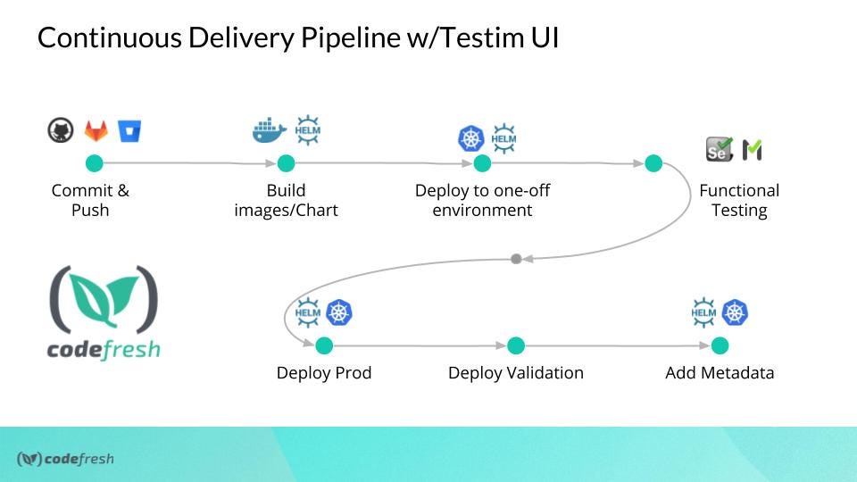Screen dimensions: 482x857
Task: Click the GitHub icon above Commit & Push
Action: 60,131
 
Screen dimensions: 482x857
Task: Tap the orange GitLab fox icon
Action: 96,131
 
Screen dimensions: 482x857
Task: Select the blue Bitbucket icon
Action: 130,131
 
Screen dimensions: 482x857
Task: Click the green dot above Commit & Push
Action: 95,163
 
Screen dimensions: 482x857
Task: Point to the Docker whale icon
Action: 270,131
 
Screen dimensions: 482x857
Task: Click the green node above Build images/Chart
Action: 286,163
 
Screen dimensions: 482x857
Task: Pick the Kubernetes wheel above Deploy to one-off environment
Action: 470,138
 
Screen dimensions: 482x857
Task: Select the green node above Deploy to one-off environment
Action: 482,163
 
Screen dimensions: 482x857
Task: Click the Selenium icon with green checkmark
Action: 719,149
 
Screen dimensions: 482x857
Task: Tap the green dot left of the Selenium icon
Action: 653,163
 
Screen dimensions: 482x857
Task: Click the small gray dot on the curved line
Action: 516,259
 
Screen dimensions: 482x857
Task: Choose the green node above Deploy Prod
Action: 324,345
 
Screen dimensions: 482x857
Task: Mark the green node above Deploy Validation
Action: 515,345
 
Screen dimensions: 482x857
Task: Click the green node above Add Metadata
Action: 720,345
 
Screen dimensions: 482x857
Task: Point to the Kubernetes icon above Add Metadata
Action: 736,312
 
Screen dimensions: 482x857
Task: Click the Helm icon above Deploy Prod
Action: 307,312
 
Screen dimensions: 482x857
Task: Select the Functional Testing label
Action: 739,201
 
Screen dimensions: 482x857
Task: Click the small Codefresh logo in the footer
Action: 65,460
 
